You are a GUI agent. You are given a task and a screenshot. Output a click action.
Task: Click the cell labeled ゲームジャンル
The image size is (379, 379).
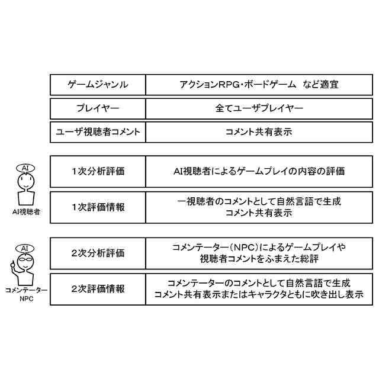coord(98,85)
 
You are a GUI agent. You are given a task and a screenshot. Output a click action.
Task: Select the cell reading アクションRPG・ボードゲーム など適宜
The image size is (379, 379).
coord(258,85)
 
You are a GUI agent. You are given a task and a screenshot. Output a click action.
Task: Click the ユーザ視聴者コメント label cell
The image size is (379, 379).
coord(98,132)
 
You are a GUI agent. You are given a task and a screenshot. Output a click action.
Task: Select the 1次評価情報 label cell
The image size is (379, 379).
coord(98,207)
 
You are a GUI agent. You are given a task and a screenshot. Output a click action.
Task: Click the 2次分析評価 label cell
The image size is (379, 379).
coord(98,253)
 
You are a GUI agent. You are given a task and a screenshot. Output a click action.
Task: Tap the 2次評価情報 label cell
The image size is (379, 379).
coord(98,288)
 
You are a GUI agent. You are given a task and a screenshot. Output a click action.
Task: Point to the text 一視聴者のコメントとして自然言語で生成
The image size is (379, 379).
coord(259,201)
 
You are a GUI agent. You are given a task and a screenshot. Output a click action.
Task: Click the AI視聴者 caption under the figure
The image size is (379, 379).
coord(25,211)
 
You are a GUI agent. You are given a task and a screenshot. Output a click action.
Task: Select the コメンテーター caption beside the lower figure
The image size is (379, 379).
coord(24,290)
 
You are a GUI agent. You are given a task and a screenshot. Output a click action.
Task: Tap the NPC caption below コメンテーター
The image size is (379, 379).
coord(24,298)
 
